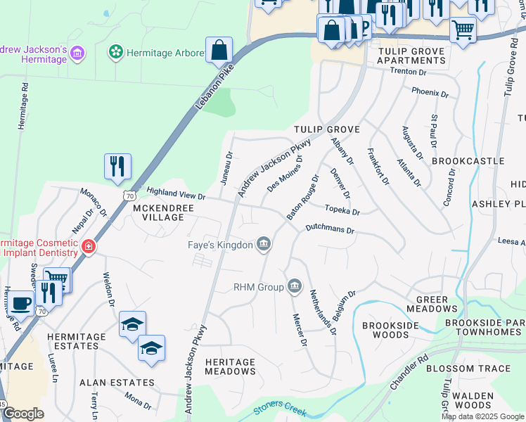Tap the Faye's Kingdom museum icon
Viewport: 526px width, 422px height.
tap(264, 245)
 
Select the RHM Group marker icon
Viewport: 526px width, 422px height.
tap(295, 286)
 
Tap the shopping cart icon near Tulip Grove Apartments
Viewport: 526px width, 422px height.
tap(463, 30)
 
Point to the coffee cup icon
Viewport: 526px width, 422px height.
tap(21, 304)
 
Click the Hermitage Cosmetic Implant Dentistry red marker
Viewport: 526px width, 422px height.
tap(89, 246)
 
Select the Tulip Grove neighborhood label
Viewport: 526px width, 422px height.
tap(326, 129)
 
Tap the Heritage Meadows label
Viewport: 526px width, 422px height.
tap(231, 366)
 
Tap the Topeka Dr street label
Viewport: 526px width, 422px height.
tap(342, 210)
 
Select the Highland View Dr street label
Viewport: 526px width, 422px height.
tap(176, 193)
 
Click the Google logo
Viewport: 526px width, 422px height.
tap(23, 414)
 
